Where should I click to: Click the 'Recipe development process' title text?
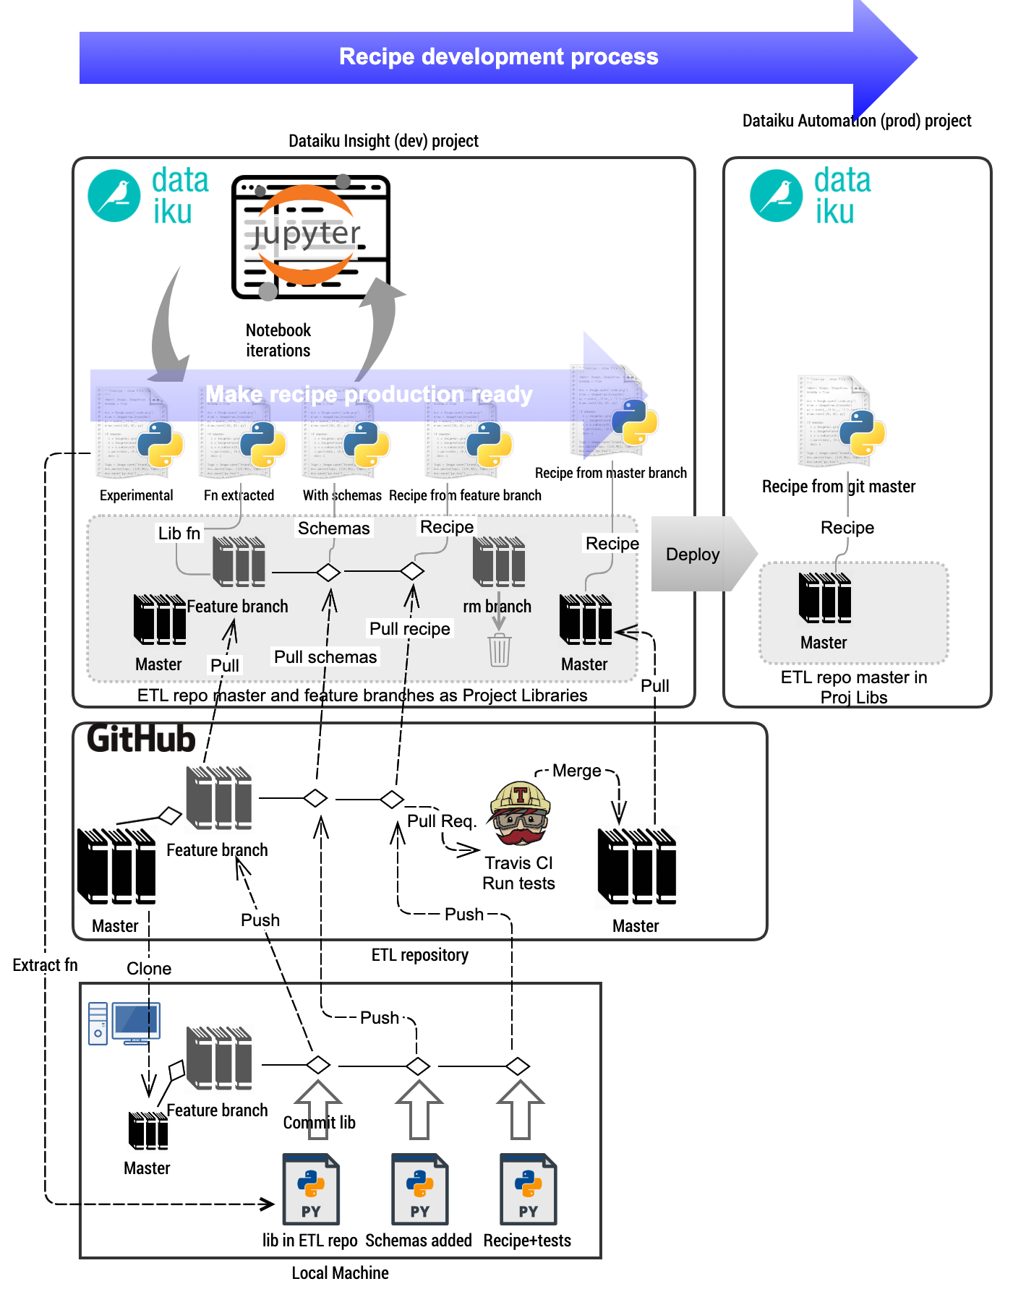[498, 57]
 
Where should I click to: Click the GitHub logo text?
[141, 739]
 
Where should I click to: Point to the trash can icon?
[499, 650]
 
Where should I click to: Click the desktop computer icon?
[124, 1023]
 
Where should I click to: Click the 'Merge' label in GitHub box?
[576, 771]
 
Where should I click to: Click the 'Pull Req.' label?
[441, 821]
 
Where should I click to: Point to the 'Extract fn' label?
[45, 965]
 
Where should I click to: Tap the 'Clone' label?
[149, 969]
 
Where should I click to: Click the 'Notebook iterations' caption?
[278, 341]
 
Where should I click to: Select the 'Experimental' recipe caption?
[136, 495]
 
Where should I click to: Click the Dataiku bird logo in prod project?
[776, 195]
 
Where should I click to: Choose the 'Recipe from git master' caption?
[839, 487]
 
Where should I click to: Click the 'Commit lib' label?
[319, 1123]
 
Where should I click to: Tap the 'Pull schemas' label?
[325, 657]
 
